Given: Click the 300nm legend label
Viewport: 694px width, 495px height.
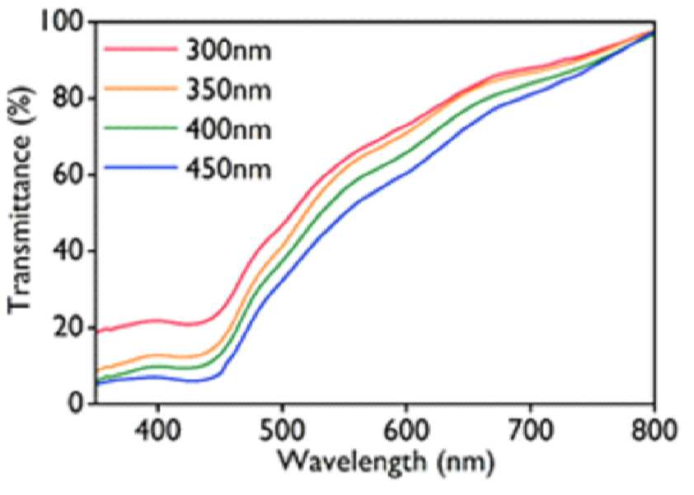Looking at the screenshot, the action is point(228,51).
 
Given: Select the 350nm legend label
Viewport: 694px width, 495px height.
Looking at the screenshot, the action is point(228,90).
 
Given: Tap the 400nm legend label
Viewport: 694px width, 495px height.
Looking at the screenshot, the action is point(228,129).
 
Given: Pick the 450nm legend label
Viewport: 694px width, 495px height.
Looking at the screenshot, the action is point(228,169).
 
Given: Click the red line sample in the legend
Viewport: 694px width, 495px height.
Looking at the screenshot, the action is point(140,49).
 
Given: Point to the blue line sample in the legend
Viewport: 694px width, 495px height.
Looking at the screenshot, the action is point(140,167).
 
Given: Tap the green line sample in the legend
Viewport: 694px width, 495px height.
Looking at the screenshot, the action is point(140,128).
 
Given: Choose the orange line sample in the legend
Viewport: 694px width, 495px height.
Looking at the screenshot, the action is point(140,88).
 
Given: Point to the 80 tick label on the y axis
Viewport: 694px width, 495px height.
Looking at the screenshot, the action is point(68,98).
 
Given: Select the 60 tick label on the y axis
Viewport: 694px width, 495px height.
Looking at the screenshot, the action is point(68,175).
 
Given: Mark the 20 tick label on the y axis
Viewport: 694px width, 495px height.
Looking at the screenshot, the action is point(68,328).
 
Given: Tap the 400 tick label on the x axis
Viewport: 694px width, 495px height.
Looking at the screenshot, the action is point(157,430).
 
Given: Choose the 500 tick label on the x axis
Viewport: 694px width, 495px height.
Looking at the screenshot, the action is point(282,430).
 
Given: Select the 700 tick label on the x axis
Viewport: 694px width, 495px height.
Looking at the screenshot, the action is point(530,430).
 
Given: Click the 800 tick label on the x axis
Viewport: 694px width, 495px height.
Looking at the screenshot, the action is point(654,430).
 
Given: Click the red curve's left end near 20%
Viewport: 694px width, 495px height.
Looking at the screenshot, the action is point(97,331).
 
